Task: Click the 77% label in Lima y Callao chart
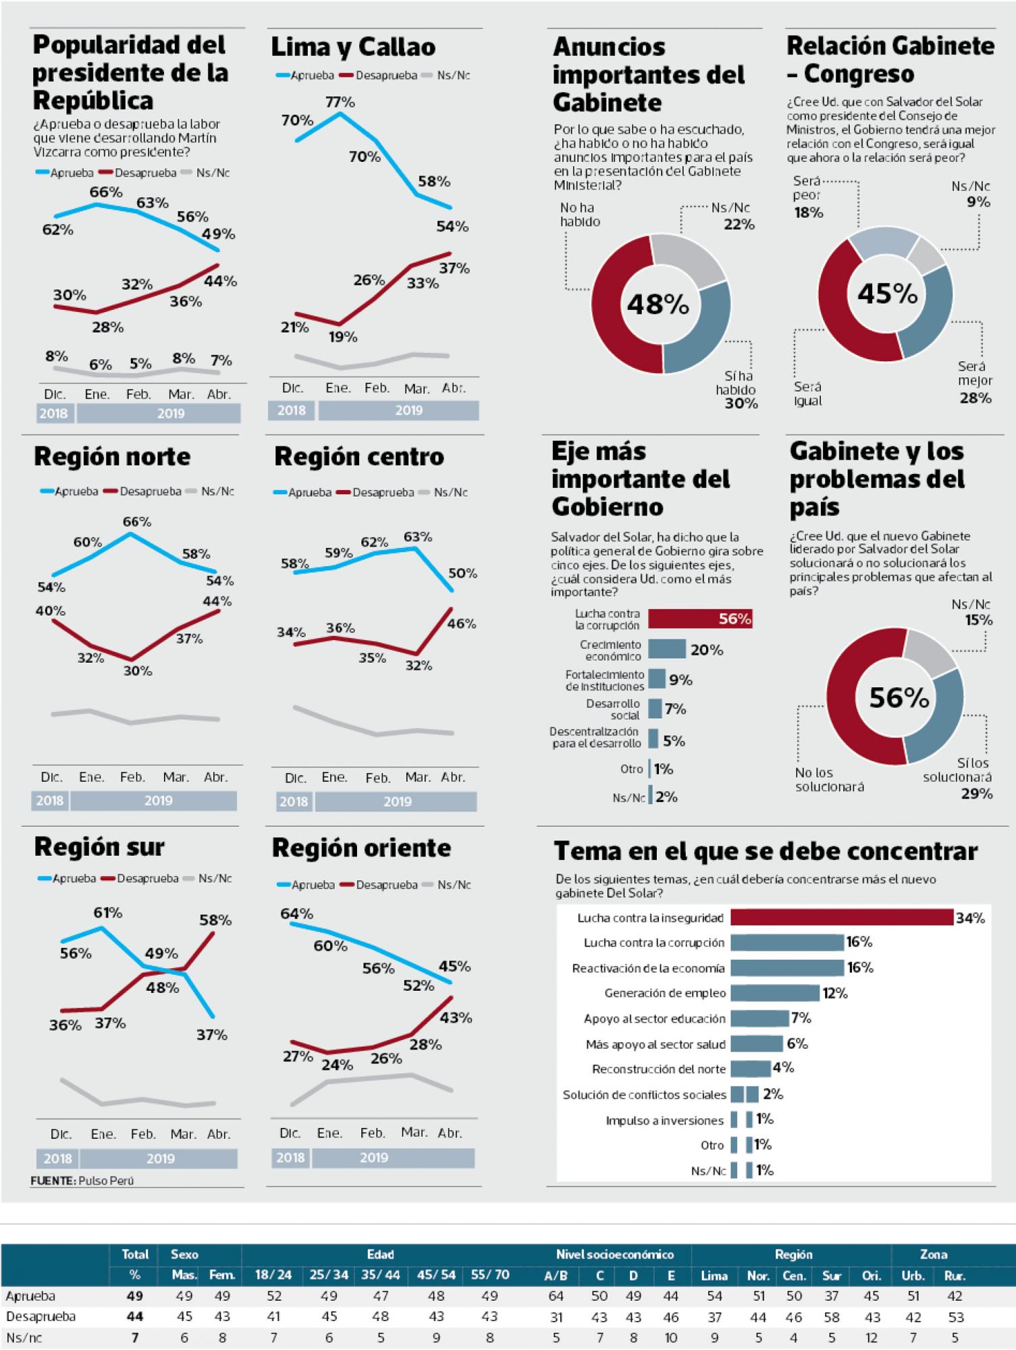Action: tap(340, 102)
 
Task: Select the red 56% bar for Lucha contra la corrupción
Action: tap(700, 619)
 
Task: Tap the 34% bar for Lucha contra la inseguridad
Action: tap(841, 917)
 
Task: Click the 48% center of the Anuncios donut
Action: tap(658, 304)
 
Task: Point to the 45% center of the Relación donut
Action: tap(887, 294)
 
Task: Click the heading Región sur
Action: tap(99, 847)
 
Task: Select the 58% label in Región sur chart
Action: tap(215, 920)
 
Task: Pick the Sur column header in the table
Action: tap(832, 1276)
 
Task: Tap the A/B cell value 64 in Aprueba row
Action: tap(556, 1296)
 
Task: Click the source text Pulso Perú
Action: tap(106, 1181)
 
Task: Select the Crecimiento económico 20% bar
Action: tap(667, 649)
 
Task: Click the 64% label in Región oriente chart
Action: tap(296, 914)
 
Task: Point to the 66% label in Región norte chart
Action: tap(136, 522)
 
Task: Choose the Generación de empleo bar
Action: tap(775, 993)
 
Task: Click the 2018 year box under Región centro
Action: tap(293, 801)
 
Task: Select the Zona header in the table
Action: tap(933, 1254)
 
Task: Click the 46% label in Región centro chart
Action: tap(461, 624)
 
